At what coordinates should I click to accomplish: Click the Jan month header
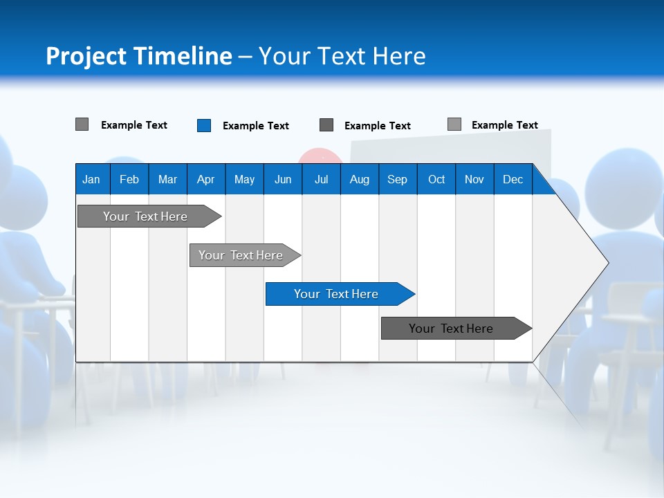[x=91, y=180]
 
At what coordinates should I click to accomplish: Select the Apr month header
[x=205, y=180]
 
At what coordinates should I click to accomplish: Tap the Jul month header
[x=321, y=180]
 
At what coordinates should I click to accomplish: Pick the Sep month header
[x=397, y=180]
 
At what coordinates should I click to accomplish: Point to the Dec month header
[x=513, y=180]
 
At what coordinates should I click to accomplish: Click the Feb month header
[x=129, y=180]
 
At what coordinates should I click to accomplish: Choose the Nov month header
[x=474, y=180]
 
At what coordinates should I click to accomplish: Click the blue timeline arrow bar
[x=339, y=294]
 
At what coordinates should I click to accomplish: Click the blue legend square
[x=204, y=125]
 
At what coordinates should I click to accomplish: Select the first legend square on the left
[x=82, y=124]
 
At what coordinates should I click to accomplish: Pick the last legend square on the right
[x=454, y=124]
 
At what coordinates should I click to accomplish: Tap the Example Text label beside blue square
[x=256, y=126]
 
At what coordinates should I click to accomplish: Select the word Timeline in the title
[x=181, y=57]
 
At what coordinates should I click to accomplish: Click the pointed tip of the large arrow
[x=607, y=262]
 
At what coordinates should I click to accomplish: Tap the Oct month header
[x=436, y=180]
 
